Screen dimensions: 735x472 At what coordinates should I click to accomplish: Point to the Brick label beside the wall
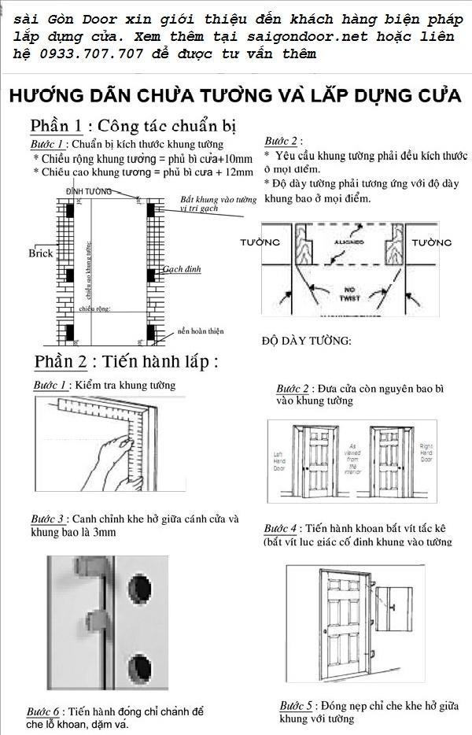tap(40, 253)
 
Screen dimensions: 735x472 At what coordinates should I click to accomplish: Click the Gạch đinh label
tap(182, 269)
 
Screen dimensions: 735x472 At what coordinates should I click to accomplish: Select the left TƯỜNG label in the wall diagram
tap(260, 243)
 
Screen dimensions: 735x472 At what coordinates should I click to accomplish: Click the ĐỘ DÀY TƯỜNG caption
tap(307, 341)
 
